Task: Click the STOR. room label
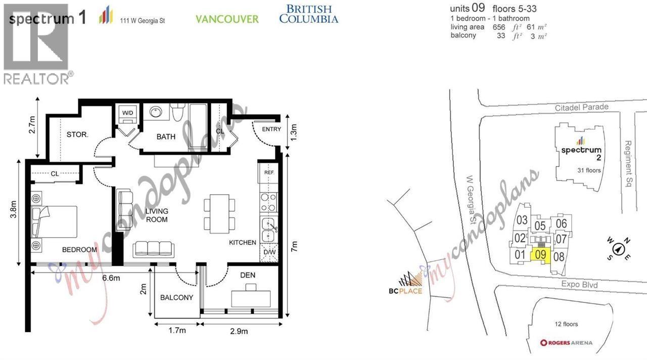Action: pos(77,134)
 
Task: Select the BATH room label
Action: pos(166,137)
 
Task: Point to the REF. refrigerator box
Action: pos(268,173)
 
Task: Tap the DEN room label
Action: pos(248,275)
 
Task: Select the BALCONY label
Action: pos(176,297)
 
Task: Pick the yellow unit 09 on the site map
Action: pos(540,255)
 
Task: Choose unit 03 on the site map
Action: pos(522,220)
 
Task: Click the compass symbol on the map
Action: pos(618,249)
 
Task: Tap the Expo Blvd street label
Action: pos(579,285)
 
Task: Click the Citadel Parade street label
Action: pos(581,107)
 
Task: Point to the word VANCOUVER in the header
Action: pos(227,19)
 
